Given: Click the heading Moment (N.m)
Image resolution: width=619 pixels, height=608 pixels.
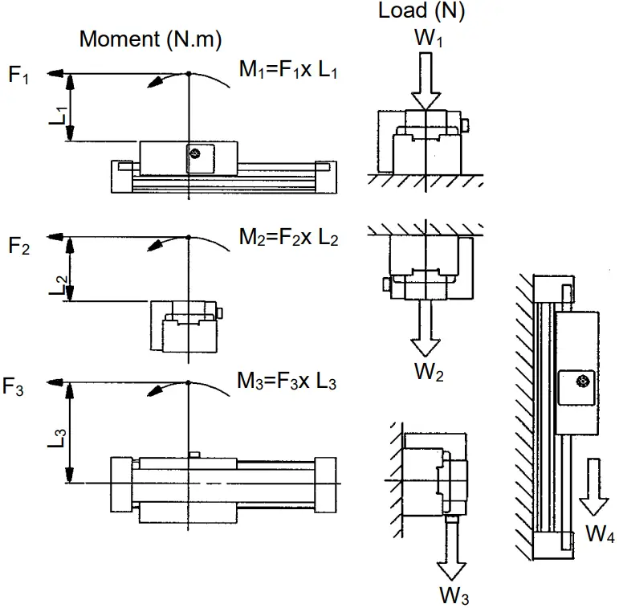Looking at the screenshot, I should click(150, 39).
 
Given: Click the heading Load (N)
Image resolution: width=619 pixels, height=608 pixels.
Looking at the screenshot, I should click(421, 12).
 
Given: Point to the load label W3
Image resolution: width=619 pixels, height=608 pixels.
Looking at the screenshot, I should click(454, 595).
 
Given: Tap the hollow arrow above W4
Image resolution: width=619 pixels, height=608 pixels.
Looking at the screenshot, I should click(595, 487).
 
